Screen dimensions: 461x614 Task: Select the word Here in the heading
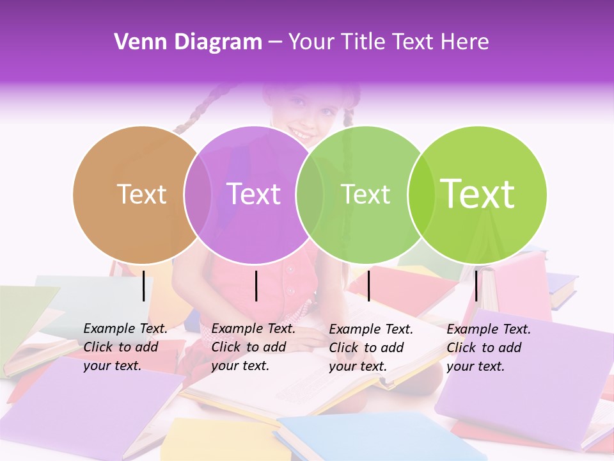tap(466, 42)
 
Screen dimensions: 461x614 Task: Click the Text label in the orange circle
tap(141, 194)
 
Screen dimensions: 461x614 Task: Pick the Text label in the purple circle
tap(253, 194)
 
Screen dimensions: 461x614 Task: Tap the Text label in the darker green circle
tap(365, 194)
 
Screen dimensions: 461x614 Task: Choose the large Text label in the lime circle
tap(478, 194)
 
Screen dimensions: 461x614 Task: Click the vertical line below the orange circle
tap(143, 286)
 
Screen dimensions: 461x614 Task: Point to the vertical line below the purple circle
tap(256, 286)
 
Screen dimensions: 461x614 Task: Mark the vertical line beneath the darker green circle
tap(368, 286)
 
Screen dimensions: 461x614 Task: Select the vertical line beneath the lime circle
tap(476, 286)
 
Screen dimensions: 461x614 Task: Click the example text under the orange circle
tap(125, 348)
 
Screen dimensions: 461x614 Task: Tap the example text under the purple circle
tap(253, 348)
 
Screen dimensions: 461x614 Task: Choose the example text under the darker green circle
tap(371, 348)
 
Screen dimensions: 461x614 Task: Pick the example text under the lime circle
tap(489, 348)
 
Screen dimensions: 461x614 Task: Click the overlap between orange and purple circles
tap(198, 195)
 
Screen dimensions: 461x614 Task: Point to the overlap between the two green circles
tap(421, 195)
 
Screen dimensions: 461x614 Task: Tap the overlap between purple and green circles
tap(310, 195)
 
